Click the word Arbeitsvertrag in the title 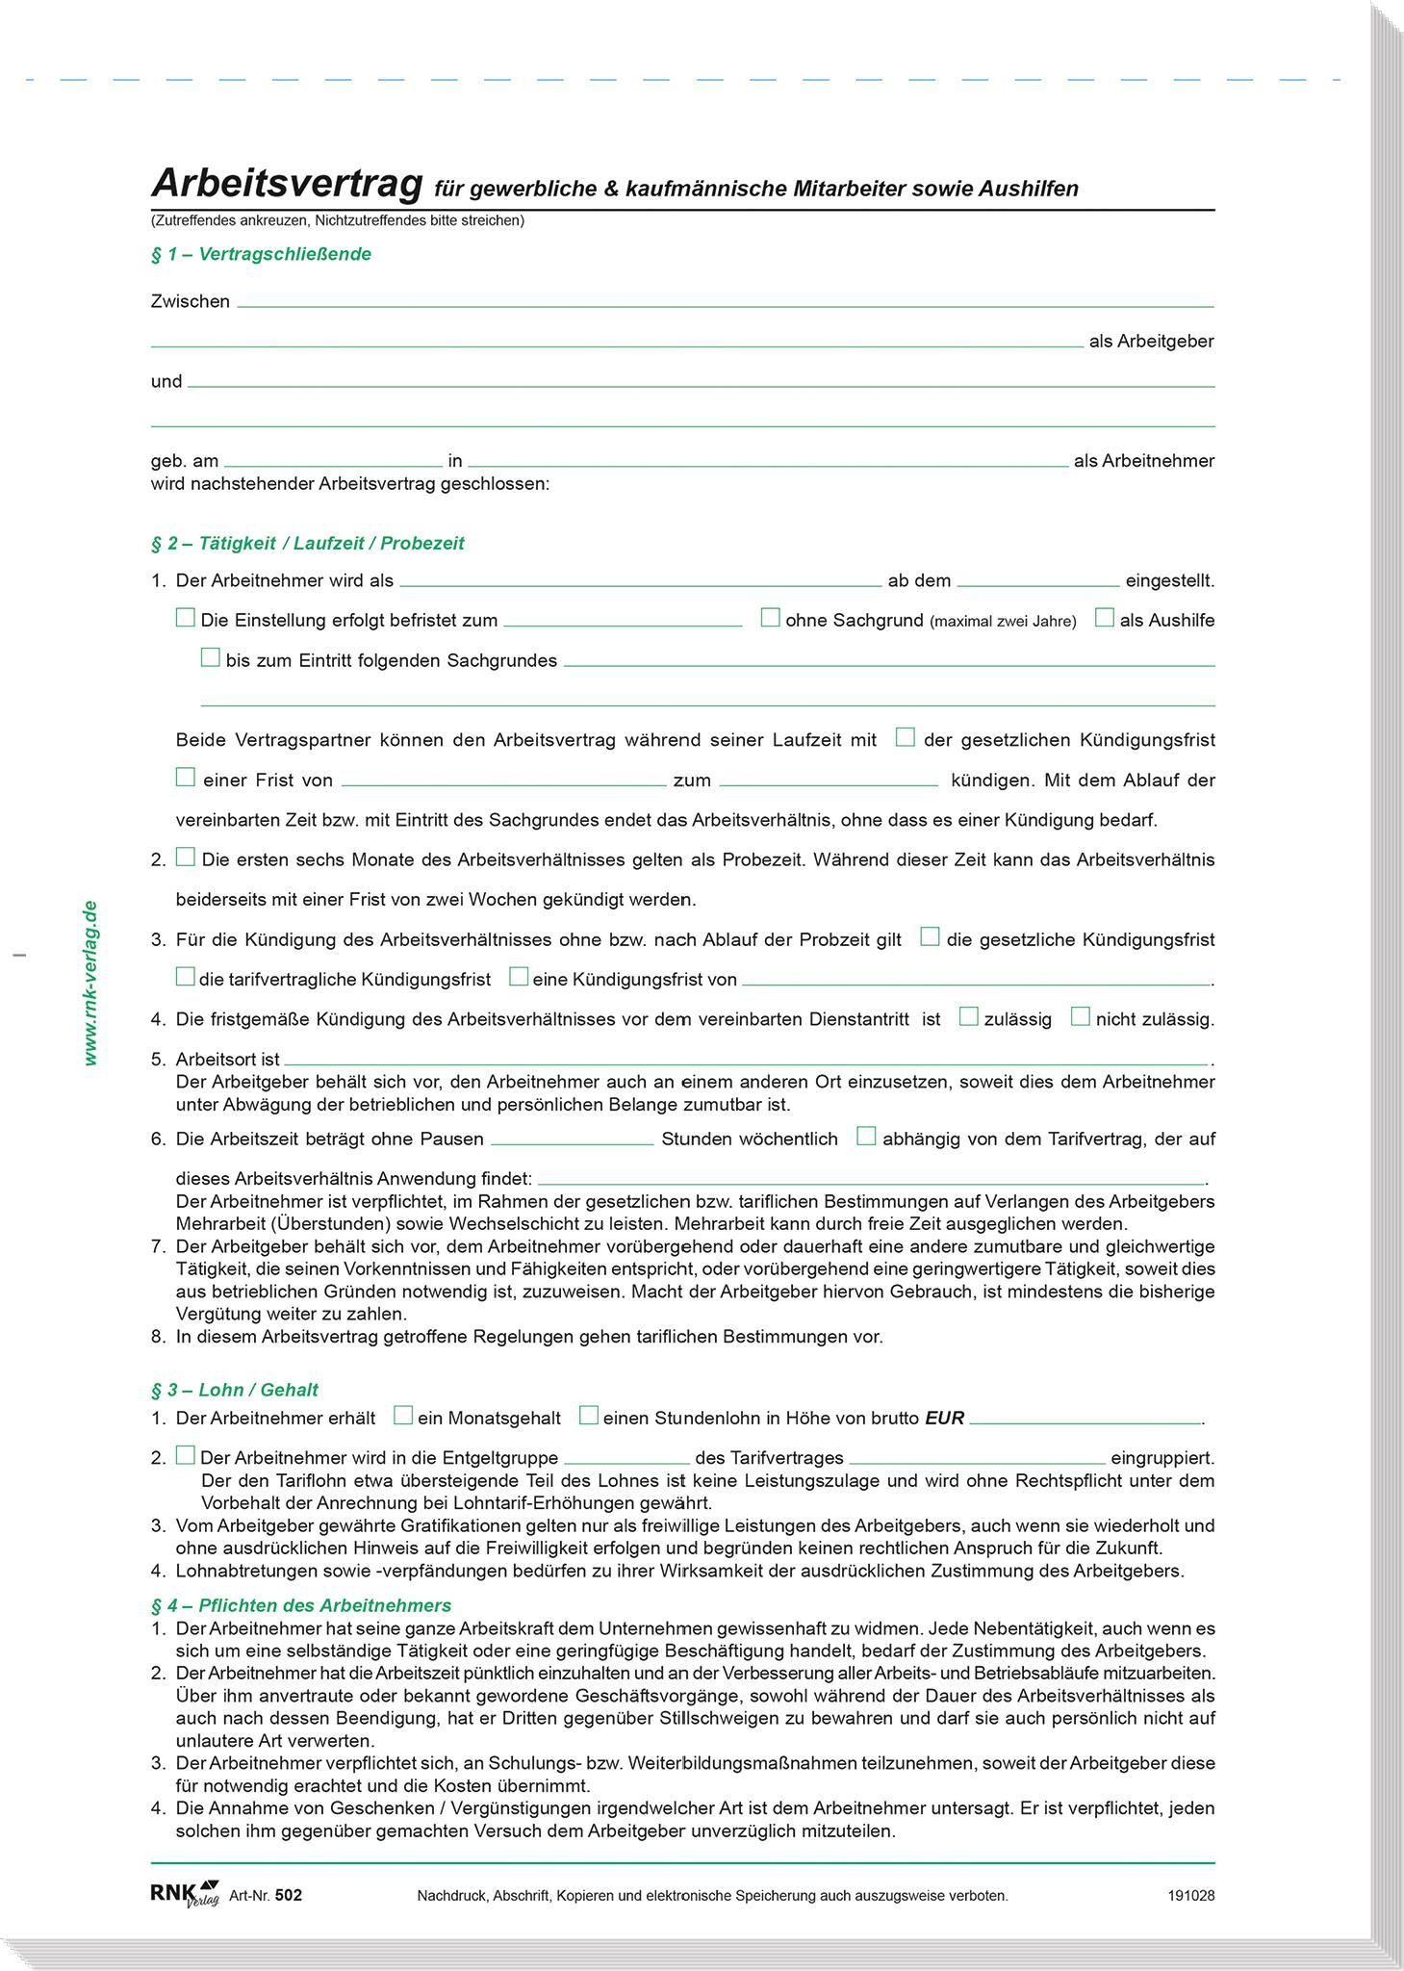pos(287,183)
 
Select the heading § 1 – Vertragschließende pos(261,254)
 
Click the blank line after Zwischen pos(724,302)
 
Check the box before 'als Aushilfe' pos(1105,618)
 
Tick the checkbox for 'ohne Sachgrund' pos(770,618)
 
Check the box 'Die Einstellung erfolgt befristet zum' pos(186,618)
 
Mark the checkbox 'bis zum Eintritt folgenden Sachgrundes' pos(210,658)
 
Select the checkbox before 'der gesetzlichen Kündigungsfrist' pos(905,738)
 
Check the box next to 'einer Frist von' pos(186,778)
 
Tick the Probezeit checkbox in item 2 pos(186,858)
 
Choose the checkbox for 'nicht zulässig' pos(1081,1016)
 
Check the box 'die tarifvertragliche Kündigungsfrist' pos(186,977)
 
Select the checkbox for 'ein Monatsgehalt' pos(404,1416)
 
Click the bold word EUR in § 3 pos(944,1419)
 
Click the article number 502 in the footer pos(288,1895)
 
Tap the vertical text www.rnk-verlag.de pos(90,983)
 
